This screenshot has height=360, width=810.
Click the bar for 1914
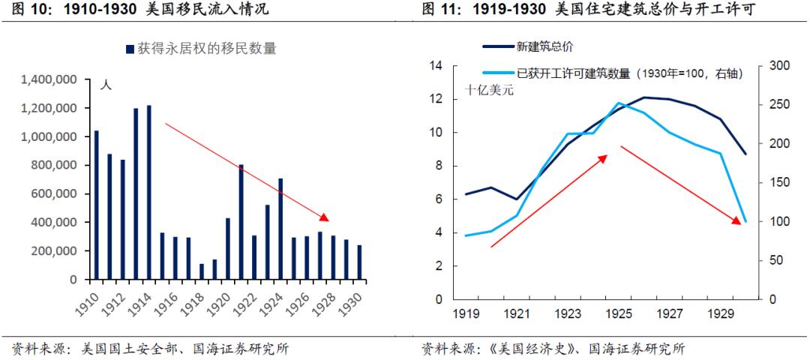[149, 192]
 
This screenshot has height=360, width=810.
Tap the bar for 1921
[241, 222]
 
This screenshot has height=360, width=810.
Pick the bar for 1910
[96, 205]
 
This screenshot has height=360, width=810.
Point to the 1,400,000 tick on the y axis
[50, 79]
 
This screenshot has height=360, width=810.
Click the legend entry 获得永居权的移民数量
[201, 49]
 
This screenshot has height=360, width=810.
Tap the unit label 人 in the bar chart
[106, 85]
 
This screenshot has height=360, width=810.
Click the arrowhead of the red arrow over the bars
[324, 217]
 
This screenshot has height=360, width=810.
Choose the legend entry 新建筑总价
[545, 46]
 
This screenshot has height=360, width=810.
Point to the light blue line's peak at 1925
[619, 103]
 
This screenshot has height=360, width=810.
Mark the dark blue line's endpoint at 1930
[745, 154]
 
